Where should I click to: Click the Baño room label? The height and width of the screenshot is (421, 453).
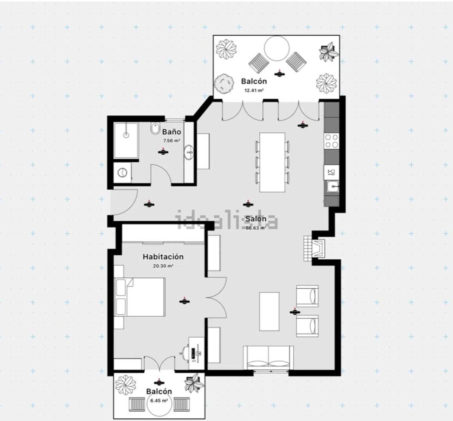point(171,132)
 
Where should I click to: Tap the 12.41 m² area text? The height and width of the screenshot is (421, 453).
point(254,90)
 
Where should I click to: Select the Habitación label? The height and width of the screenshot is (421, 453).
point(163,257)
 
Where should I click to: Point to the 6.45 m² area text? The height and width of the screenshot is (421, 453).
point(159,401)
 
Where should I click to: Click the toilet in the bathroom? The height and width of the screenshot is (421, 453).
point(155,129)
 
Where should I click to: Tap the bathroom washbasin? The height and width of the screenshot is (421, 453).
point(189,152)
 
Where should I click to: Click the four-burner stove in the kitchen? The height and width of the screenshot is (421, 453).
point(331,141)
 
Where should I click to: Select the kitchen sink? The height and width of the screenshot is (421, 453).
point(333,187)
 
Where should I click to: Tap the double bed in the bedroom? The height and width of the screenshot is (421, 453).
point(139,297)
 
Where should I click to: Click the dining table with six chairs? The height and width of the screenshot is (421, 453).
point(272,162)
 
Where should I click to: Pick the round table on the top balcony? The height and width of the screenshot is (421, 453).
point(277,48)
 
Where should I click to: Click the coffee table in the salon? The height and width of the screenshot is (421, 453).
point(269,311)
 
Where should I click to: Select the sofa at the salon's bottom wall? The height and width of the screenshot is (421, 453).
point(268,358)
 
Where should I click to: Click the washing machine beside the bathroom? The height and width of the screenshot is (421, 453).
point(122,172)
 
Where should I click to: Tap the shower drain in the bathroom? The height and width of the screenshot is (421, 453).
point(126,135)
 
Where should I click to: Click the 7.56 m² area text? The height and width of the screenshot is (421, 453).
point(171,141)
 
